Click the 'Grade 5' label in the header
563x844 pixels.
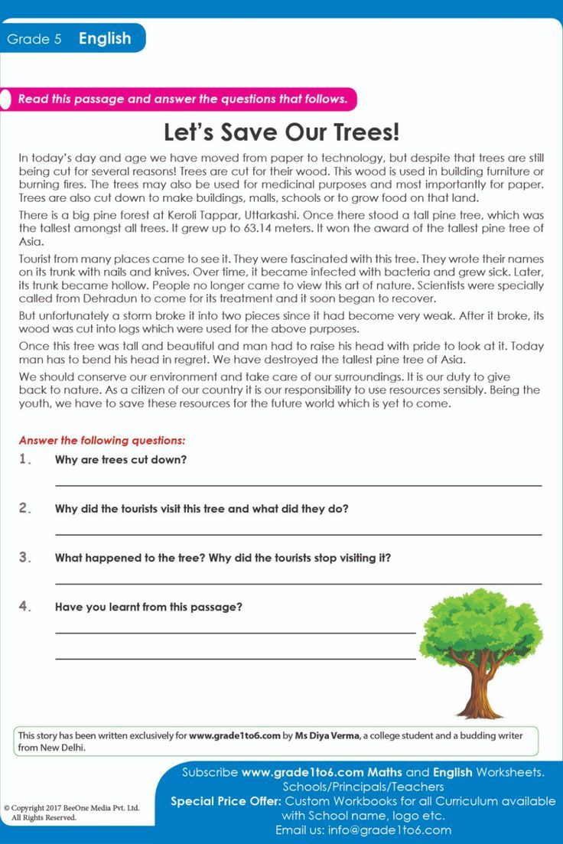pos(34,39)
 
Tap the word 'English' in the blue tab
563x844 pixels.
pos(105,38)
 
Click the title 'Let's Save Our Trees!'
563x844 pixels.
pos(281,132)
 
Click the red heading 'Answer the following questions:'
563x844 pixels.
pos(102,441)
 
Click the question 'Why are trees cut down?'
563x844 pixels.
pos(121,460)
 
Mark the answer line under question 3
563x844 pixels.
pos(298,583)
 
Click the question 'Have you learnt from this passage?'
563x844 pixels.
pos(148,607)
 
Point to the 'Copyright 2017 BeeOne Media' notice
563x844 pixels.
pos(71,807)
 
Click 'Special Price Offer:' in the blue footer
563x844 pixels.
pos(226,801)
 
